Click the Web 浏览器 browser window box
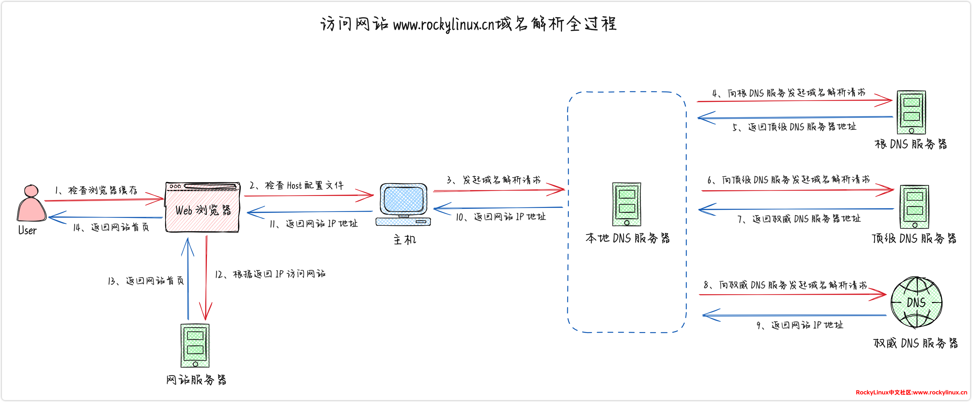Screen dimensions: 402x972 coord(203,208)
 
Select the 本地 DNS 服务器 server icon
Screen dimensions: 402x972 coord(626,204)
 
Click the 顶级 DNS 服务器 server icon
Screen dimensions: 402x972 coord(914,206)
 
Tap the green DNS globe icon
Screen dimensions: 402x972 coord(916,302)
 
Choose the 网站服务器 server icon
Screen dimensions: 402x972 coord(195,345)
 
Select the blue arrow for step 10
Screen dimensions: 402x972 coord(498,208)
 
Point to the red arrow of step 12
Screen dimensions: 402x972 coord(206,278)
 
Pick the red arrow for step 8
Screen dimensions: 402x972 coord(792,294)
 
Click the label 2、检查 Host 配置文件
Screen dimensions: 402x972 coord(297,185)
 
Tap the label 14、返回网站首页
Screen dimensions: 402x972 coord(111,227)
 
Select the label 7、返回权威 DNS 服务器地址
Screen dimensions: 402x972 coord(799,219)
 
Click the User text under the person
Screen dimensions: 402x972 coord(28,230)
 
